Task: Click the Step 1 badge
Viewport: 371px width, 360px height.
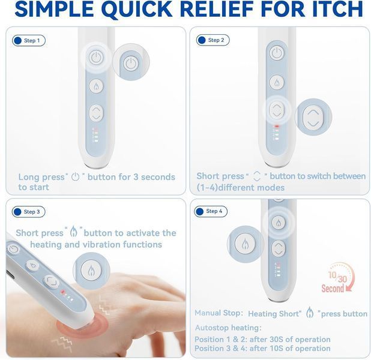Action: [29, 41]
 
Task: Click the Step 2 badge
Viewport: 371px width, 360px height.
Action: [213, 40]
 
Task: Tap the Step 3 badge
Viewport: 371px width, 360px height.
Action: [28, 212]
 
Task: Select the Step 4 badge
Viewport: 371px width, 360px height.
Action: [211, 211]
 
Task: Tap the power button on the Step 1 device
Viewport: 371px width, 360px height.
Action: [96, 57]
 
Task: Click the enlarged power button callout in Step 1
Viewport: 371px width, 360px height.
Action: [131, 62]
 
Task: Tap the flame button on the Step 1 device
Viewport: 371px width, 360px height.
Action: [96, 86]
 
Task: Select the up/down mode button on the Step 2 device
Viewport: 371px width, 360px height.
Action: [277, 110]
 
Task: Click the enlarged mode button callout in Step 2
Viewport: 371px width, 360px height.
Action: [313, 117]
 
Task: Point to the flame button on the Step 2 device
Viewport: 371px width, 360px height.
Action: [277, 82]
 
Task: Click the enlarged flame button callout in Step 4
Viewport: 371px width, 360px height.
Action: [245, 244]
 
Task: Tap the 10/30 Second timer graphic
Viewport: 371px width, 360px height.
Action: [337, 278]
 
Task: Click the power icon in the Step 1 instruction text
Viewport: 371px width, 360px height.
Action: [76, 177]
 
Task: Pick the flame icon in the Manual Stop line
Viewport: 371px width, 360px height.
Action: [310, 313]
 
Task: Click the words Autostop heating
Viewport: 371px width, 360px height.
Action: [228, 328]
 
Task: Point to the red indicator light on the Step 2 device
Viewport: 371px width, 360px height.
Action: [277, 127]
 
